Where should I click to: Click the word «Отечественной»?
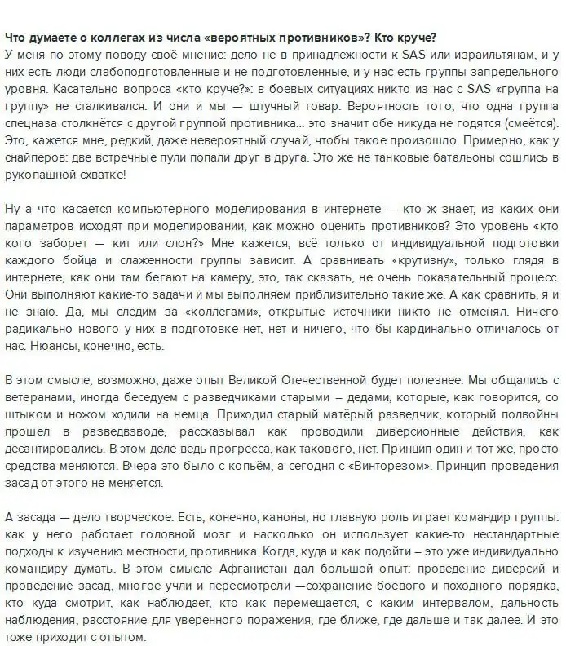341,380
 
